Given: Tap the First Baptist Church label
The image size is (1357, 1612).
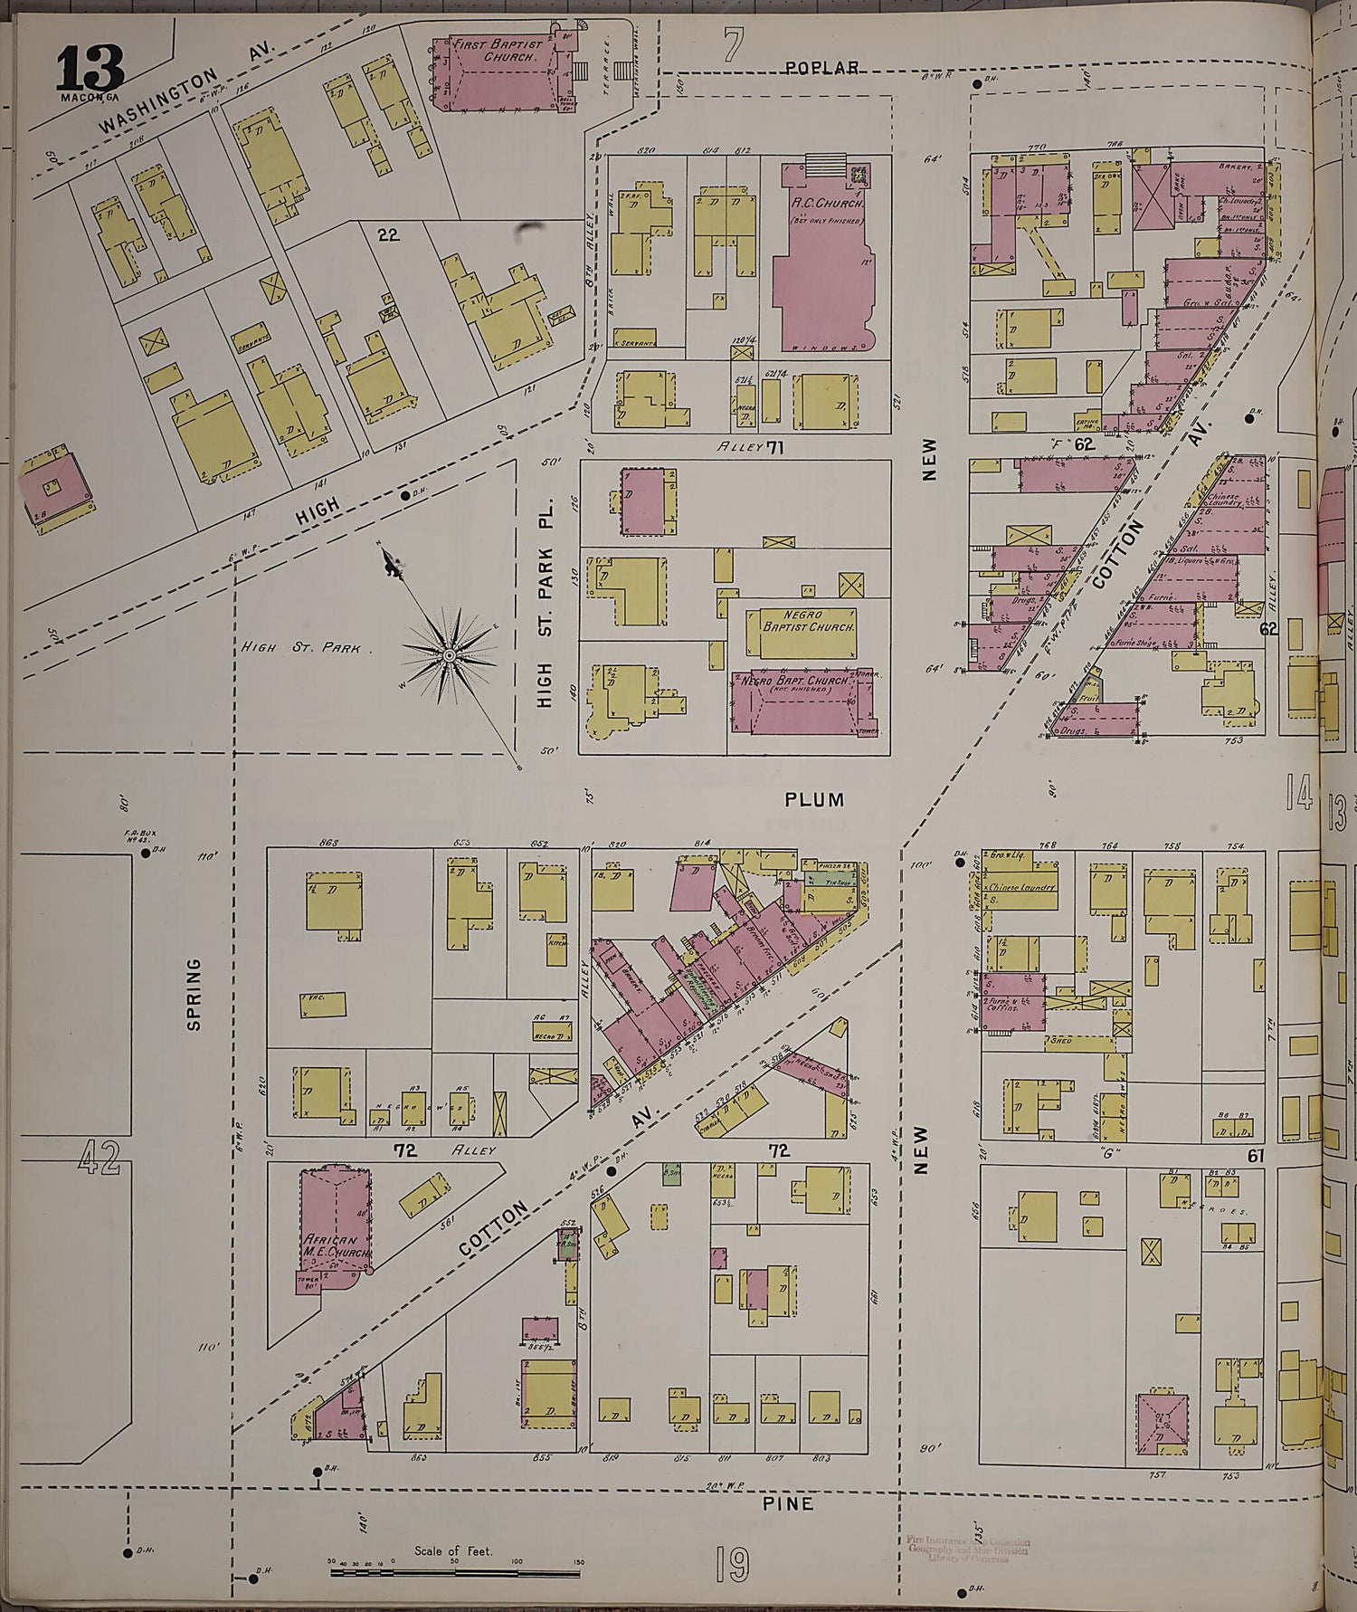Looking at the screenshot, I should tap(498, 51).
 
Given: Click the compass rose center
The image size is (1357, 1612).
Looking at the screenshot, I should tap(449, 654).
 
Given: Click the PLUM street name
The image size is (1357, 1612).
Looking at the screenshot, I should tap(814, 799).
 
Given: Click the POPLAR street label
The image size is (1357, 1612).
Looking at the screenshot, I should tap(821, 68).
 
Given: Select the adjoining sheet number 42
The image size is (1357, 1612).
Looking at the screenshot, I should tap(98, 1157).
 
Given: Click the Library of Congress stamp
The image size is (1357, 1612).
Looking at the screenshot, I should tap(966, 1547).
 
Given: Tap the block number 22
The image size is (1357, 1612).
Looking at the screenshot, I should tap(388, 235).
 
